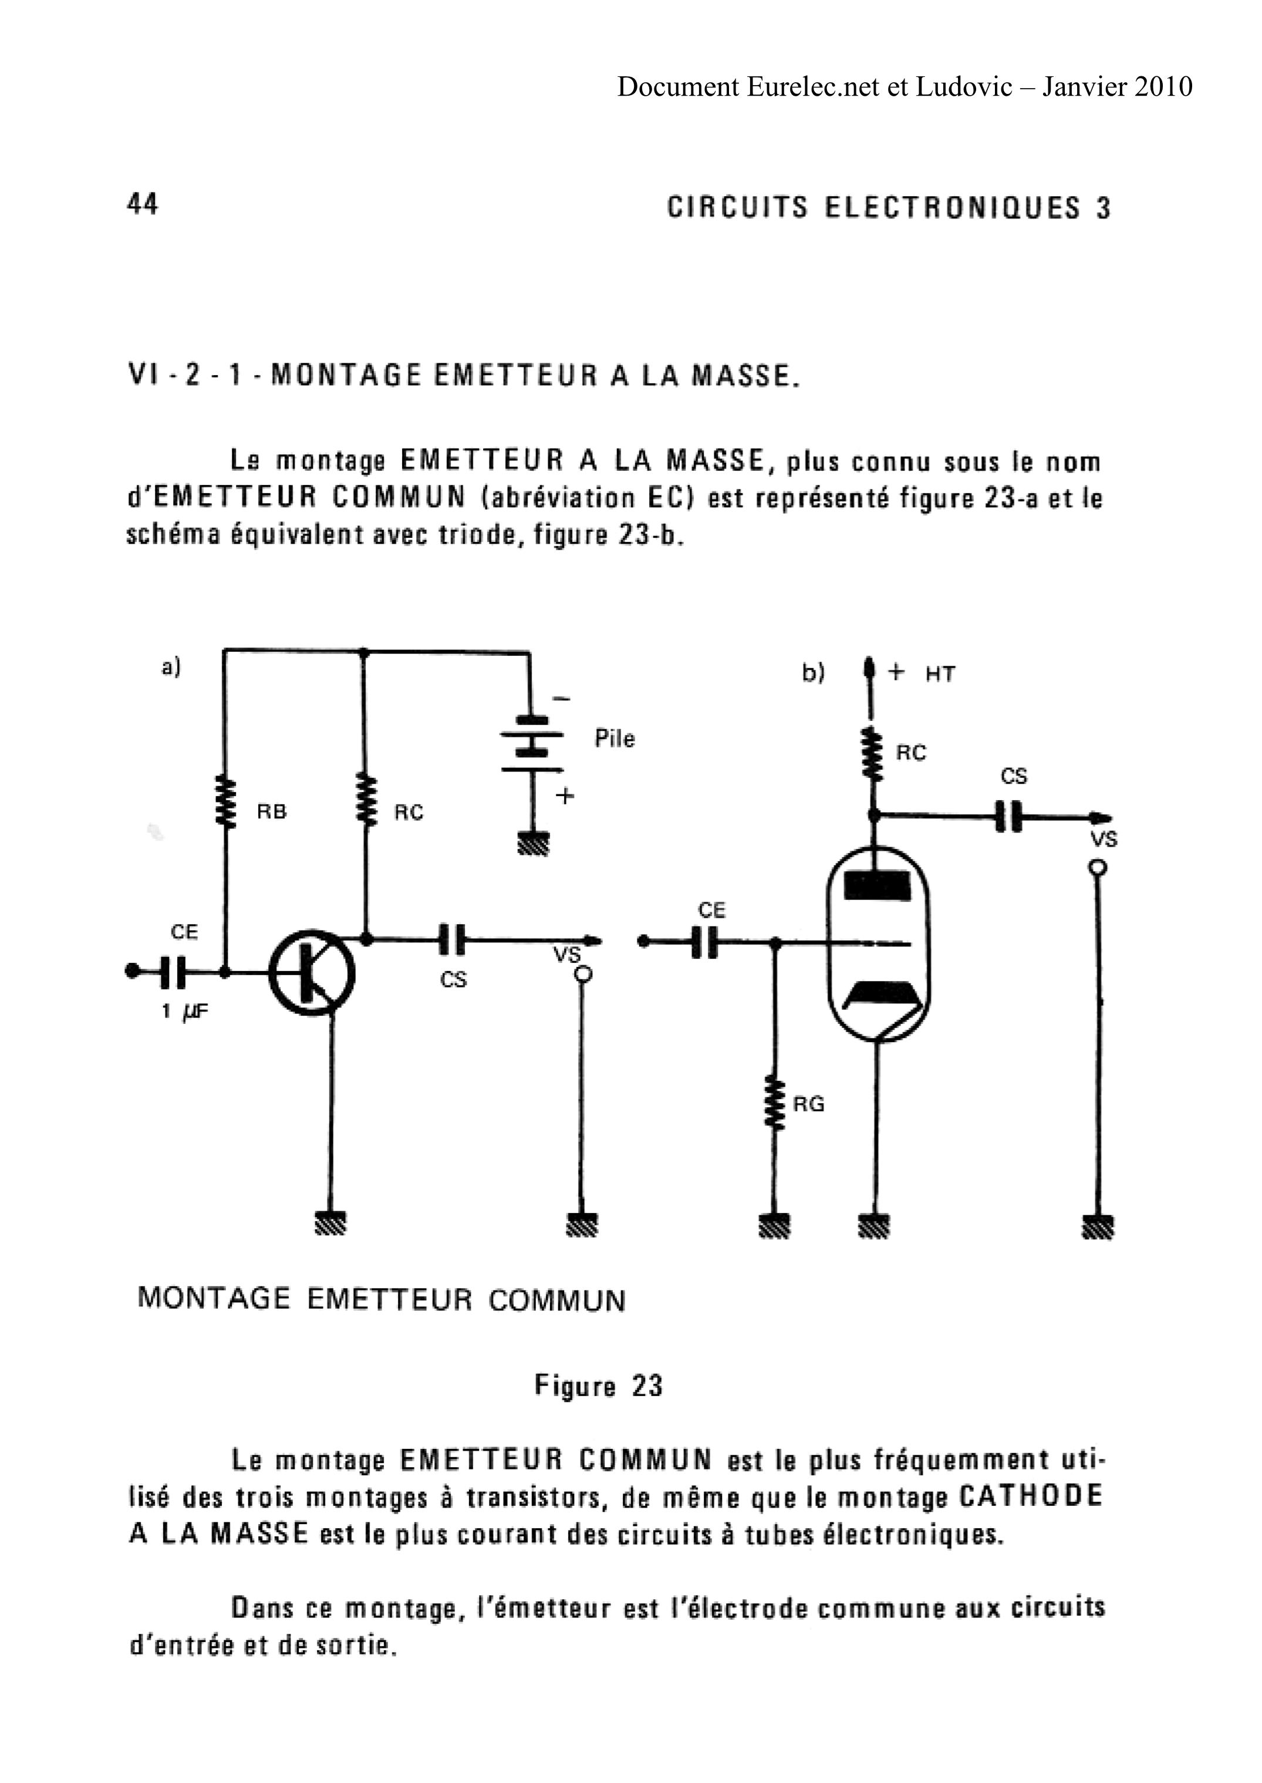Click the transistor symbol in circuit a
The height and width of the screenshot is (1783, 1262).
[312, 972]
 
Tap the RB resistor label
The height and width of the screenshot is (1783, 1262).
[272, 812]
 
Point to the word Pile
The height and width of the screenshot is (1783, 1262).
[615, 739]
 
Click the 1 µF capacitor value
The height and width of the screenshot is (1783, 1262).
[185, 1013]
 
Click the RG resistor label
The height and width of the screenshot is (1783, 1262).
[809, 1104]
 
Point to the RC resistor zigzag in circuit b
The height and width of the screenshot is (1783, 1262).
[874, 754]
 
